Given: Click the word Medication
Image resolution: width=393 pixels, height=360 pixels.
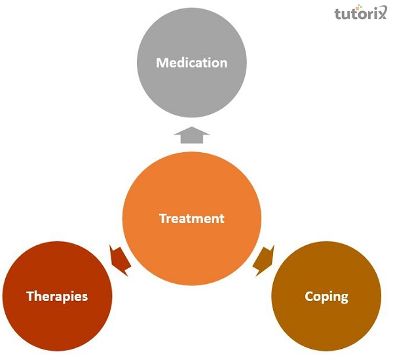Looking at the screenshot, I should (x=191, y=63).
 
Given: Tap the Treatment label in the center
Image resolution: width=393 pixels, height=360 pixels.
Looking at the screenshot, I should (x=191, y=218).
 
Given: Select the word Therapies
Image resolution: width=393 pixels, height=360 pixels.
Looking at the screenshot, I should (x=57, y=296).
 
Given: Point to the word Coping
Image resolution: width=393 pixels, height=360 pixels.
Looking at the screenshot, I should (x=326, y=296).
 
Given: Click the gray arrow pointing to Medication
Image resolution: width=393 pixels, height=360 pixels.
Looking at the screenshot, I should (x=191, y=135).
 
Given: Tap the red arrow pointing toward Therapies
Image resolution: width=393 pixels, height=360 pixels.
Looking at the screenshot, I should (x=120, y=257).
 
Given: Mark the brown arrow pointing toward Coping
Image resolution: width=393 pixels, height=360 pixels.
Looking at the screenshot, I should (x=263, y=257).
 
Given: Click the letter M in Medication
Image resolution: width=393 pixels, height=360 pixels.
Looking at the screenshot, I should (x=162, y=63).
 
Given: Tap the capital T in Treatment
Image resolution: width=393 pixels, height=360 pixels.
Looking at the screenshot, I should (x=162, y=218).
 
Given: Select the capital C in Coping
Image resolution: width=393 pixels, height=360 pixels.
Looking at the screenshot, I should (x=309, y=296).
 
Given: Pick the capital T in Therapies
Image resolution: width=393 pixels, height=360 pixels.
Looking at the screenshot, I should (x=29, y=296).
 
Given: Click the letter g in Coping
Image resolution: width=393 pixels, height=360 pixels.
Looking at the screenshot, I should (x=344, y=298).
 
